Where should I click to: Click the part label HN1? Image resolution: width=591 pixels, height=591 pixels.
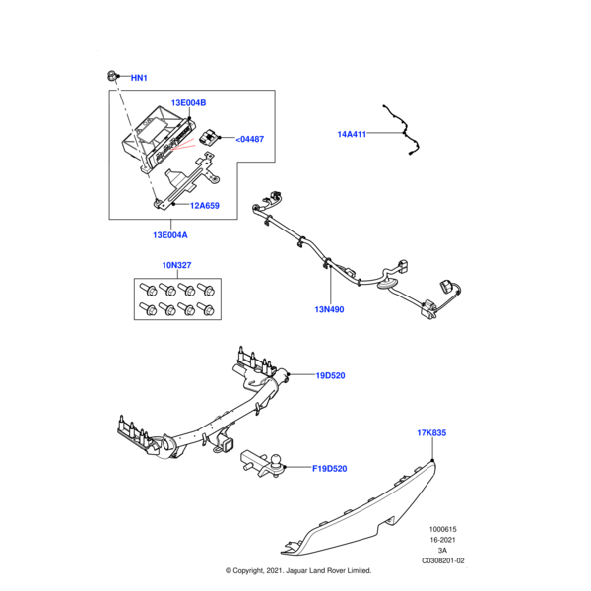point(139,77)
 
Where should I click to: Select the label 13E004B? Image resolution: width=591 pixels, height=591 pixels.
point(188,103)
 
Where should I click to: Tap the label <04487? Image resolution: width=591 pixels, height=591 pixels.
point(250,139)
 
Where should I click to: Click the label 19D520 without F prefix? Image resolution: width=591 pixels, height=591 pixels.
point(332,375)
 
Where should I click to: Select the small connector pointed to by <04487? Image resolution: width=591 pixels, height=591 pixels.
point(210,137)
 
